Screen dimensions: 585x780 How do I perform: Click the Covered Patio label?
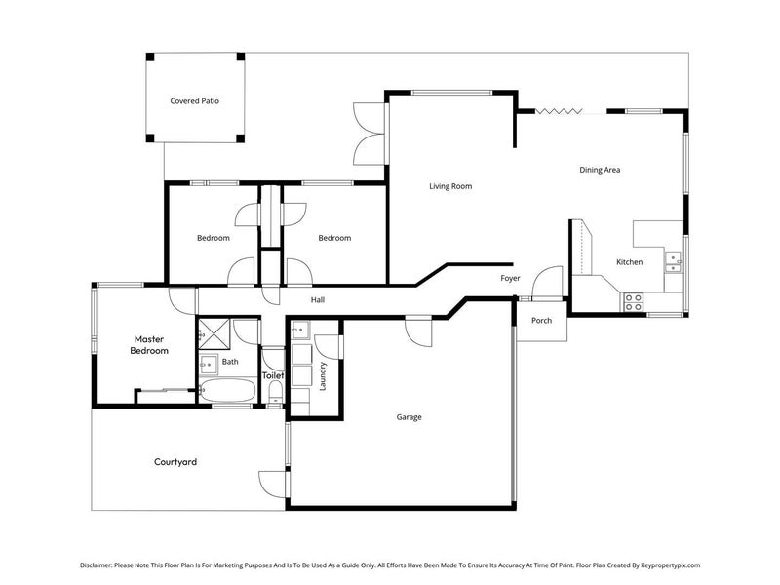194,100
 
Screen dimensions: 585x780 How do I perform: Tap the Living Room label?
450,186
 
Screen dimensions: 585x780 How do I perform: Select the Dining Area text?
600,170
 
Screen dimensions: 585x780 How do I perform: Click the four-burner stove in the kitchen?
633,301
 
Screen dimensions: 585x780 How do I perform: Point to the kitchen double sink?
674,259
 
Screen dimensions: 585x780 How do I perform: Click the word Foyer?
510,278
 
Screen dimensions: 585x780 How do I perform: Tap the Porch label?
541,321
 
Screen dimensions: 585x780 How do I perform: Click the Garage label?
409,417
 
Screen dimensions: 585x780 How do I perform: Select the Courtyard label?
175,462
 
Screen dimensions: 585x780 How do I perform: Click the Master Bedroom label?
151,345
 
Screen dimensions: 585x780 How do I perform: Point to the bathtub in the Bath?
227,391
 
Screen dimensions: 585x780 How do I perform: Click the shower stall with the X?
214,333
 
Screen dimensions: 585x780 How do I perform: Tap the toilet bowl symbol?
275,393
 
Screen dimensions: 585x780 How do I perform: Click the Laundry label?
323,376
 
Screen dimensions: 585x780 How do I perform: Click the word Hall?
318,300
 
